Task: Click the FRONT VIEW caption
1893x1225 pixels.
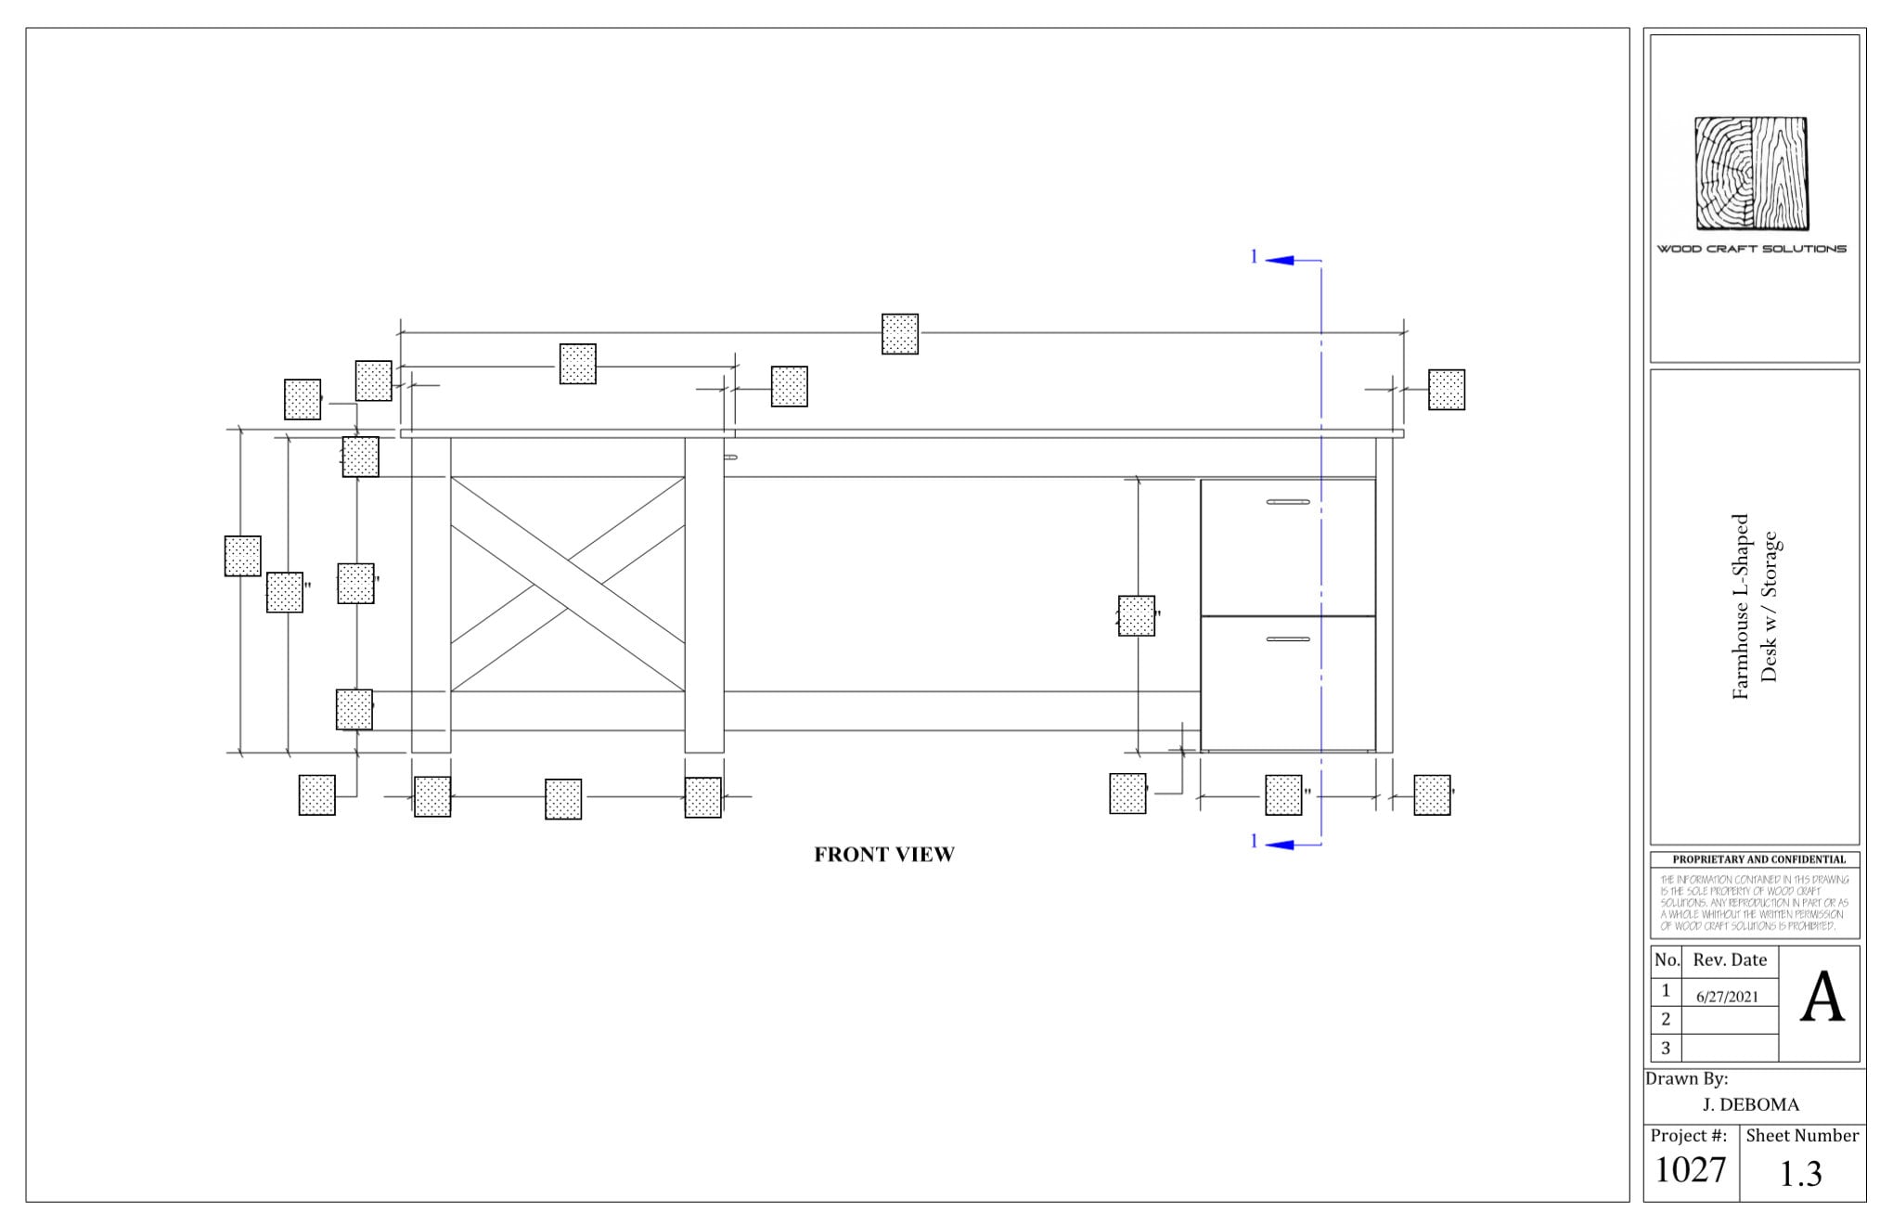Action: click(x=883, y=855)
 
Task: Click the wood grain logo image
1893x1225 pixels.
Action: click(x=1751, y=174)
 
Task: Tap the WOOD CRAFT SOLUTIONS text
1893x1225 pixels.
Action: click(x=1751, y=249)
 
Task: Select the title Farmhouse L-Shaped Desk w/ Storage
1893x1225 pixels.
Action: click(x=1754, y=607)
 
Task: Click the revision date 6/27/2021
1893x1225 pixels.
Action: click(x=1727, y=997)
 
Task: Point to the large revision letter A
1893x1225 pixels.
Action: click(x=1822, y=999)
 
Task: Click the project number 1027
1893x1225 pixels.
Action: click(x=1690, y=1170)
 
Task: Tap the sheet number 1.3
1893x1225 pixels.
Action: click(x=1800, y=1174)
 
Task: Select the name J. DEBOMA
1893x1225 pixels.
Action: click(x=1750, y=1104)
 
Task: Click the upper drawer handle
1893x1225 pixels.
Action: click(x=1288, y=502)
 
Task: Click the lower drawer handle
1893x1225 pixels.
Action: click(x=1288, y=639)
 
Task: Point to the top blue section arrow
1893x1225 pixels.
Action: click(x=1280, y=261)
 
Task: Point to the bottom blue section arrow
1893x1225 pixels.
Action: click(x=1280, y=845)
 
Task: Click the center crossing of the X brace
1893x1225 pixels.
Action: click(x=568, y=585)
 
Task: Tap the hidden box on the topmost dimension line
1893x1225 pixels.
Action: click(x=899, y=334)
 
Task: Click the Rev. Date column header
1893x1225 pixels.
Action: click(x=1730, y=961)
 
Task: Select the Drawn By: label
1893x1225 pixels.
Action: click(x=1686, y=1079)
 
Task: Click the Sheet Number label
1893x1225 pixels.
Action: click(x=1801, y=1136)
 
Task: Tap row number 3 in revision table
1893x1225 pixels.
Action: click(x=1666, y=1049)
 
